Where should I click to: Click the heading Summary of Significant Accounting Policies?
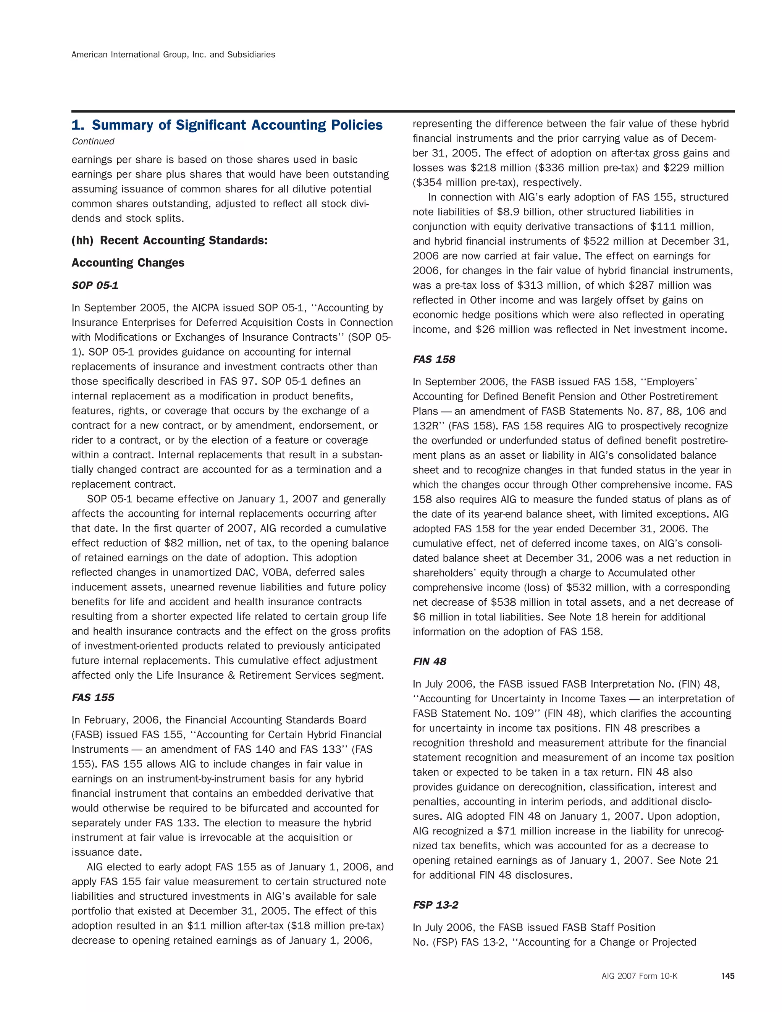coord(227,125)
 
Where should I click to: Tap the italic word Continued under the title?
coord(93,141)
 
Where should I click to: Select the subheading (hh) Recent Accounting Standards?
coord(170,241)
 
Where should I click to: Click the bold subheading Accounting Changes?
coord(128,263)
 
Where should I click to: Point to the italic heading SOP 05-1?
coord(95,285)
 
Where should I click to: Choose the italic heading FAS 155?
coord(93,698)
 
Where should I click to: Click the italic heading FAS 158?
coord(434,360)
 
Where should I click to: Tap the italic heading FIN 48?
coord(430,662)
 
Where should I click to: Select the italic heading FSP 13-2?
coord(435,905)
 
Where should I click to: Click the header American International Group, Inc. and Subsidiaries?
coord(173,55)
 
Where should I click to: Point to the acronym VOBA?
coord(277,573)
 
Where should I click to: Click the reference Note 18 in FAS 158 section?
coord(589,617)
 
